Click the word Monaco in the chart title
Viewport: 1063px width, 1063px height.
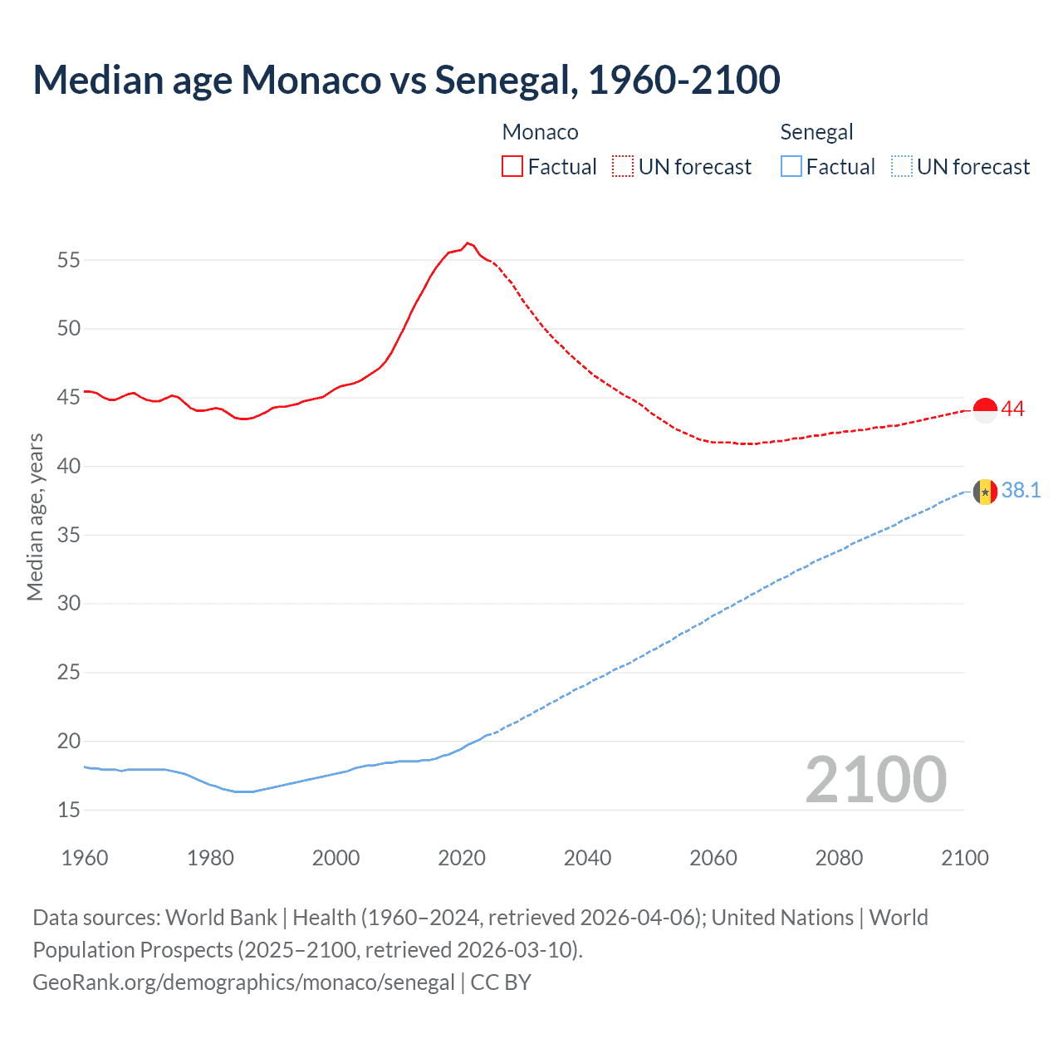(311, 80)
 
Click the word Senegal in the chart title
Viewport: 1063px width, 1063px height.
(506, 80)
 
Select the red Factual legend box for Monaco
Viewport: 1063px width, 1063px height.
(512, 167)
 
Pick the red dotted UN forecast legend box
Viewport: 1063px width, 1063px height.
(623, 167)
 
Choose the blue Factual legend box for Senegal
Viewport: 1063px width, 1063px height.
(791, 167)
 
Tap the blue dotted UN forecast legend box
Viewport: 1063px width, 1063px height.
(901, 167)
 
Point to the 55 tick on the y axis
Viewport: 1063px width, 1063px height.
(69, 260)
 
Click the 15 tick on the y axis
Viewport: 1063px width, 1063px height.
(69, 810)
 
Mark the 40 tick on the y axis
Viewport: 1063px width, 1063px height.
(69, 466)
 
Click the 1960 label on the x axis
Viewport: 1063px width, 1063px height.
(85, 858)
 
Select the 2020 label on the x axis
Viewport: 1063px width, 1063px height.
(462, 858)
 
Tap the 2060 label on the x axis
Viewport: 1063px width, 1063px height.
(713, 858)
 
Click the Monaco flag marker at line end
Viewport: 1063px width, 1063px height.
(985, 410)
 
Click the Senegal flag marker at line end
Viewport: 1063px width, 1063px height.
(985, 492)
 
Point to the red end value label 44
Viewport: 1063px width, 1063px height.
(1013, 409)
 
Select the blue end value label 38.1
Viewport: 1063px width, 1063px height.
(1021, 491)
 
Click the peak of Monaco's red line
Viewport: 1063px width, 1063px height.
(468, 242)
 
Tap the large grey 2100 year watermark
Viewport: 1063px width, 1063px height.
(876, 779)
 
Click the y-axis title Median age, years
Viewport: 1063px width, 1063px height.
(35, 517)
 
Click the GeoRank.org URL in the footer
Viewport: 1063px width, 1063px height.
(243, 982)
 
